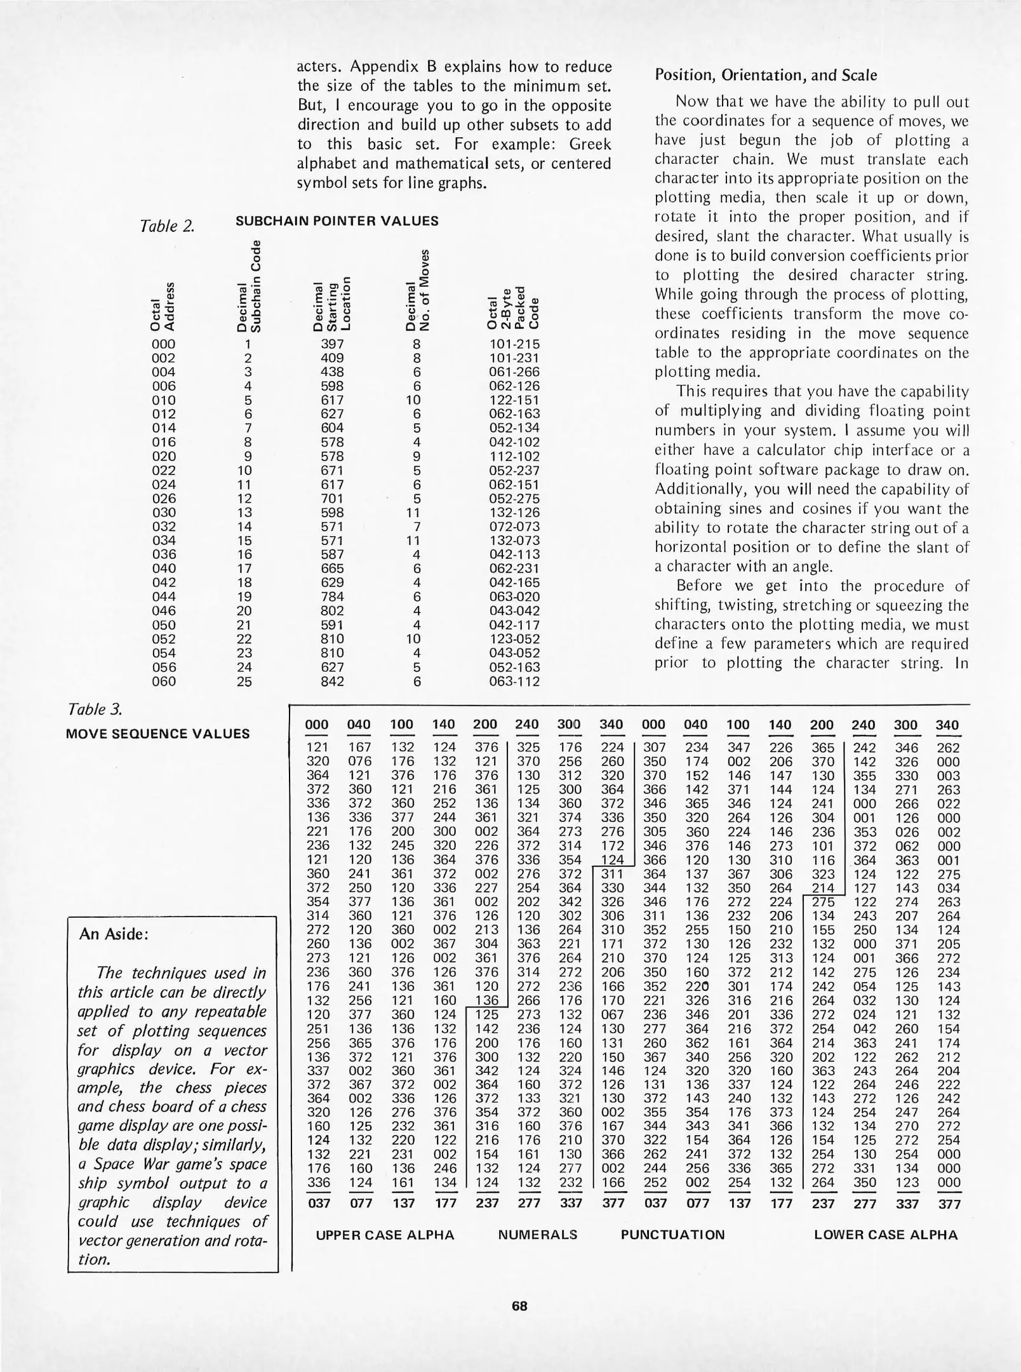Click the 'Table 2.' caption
[x=166, y=226]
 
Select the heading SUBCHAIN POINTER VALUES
[x=337, y=221]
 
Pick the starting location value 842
[x=332, y=682]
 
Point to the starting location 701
[x=332, y=499]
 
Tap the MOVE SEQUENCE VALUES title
[x=157, y=734]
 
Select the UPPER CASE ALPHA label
[x=385, y=1235]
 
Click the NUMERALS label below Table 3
[x=537, y=1235]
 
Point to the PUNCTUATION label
[x=672, y=1235]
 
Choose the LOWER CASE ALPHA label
[x=885, y=1235]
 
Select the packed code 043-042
[x=514, y=611]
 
